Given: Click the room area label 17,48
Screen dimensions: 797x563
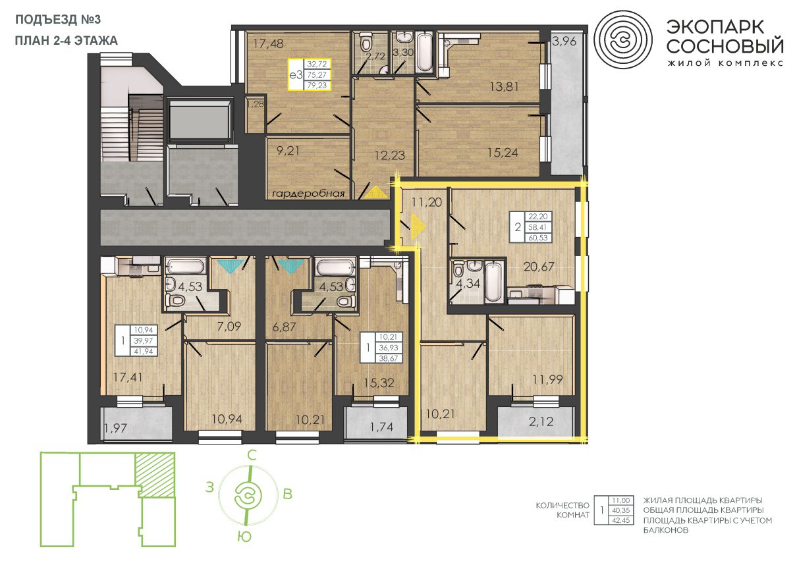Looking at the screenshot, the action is (x=268, y=44).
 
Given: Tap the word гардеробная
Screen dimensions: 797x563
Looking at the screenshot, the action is (x=308, y=194).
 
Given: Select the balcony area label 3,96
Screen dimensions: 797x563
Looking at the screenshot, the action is (x=564, y=41).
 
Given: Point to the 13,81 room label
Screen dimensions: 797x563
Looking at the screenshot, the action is (x=504, y=86).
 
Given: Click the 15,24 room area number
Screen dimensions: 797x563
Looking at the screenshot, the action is (x=503, y=153).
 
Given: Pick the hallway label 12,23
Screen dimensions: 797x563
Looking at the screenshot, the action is (x=390, y=155).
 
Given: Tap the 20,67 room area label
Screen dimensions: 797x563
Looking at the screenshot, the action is (x=539, y=267).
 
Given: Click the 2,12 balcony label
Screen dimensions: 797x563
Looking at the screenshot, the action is (x=541, y=422).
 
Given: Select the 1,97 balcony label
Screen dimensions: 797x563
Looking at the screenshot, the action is (x=116, y=428).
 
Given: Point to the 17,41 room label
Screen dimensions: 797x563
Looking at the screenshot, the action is (x=128, y=377).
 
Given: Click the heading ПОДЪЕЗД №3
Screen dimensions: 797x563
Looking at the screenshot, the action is (x=58, y=20).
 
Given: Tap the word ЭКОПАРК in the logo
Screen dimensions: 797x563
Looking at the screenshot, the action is (x=715, y=27).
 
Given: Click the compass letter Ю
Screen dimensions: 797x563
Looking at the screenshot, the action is (x=244, y=537).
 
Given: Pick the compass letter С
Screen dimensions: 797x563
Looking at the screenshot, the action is (x=252, y=455).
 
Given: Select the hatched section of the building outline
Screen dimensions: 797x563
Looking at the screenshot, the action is (x=155, y=475).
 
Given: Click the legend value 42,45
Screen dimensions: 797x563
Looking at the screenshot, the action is (x=621, y=520).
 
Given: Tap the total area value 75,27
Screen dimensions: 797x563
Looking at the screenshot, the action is (x=317, y=75).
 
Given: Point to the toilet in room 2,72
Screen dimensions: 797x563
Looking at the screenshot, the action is (x=365, y=43).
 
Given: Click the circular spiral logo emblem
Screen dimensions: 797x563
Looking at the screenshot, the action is (x=623, y=40).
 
